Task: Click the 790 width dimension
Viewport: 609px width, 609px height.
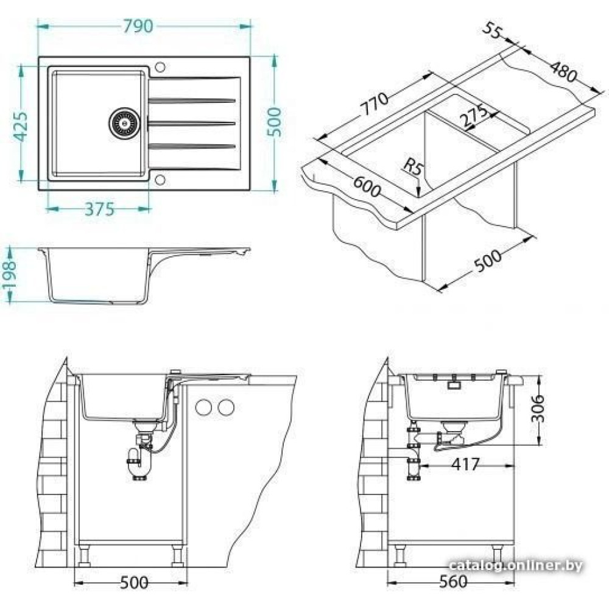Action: click(138, 26)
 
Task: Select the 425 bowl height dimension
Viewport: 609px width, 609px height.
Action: click(21, 127)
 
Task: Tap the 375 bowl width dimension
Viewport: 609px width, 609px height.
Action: click(99, 209)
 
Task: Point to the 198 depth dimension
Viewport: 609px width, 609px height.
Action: click(9, 275)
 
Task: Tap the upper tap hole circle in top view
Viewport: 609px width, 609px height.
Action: click(160, 67)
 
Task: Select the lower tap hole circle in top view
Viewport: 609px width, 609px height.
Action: click(160, 180)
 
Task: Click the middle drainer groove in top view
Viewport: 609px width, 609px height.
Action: click(192, 124)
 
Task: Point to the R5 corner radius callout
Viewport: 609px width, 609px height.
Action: click(412, 167)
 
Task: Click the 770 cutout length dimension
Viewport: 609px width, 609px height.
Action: click(373, 104)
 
